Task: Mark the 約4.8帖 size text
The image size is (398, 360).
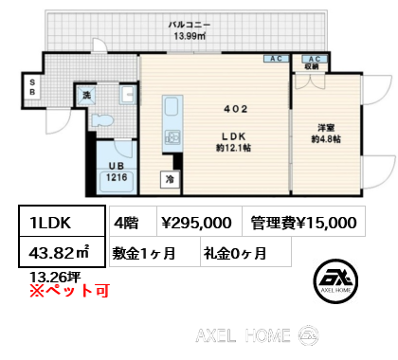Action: point(328,138)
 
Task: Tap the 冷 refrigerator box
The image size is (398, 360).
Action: point(171,177)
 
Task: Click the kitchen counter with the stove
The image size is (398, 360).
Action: point(172,121)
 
